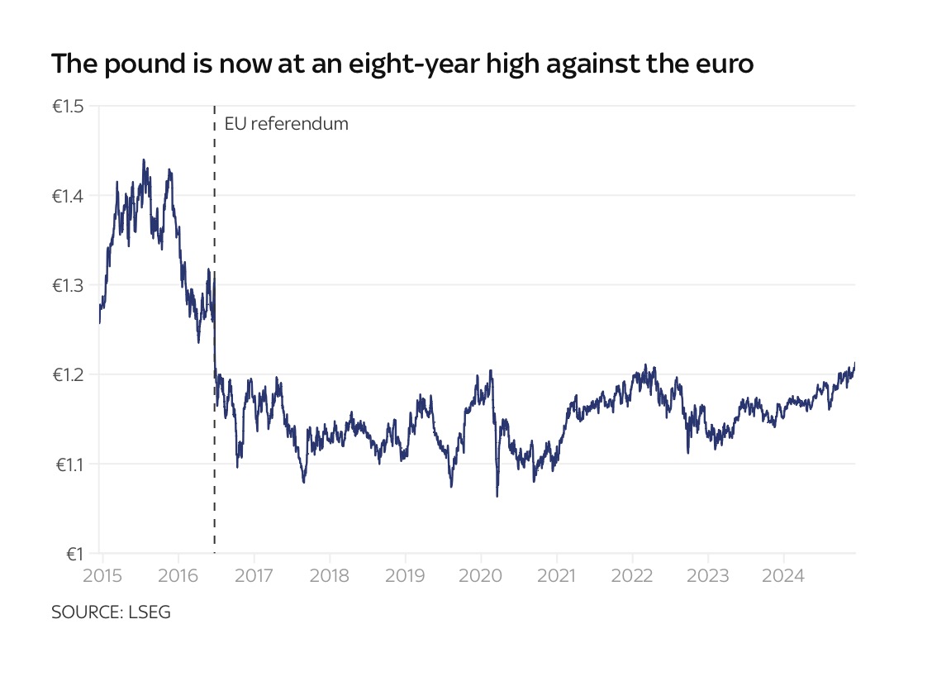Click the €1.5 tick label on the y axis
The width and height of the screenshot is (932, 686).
[x=69, y=107]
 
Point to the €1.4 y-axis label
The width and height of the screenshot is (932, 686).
[x=69, y=196]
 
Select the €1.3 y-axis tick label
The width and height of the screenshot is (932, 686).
[x=69, y=285]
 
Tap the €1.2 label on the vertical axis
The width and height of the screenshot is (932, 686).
[x=69, y=374]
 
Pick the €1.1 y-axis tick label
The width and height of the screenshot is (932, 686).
[x=70, y=464]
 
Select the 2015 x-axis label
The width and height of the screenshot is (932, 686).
[x=103, y=574]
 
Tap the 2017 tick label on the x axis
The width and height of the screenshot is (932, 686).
[x=254, y=574]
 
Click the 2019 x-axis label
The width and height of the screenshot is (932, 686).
[x=405, y=574]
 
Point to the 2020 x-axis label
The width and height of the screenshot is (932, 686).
[x=481, y=574]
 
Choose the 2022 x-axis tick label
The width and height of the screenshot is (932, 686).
[x=632, y=574]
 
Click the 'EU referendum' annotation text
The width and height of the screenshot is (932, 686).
[x=287, y=124]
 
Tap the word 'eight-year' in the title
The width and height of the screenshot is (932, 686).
[x=430, y=64]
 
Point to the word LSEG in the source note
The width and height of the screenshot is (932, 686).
[x=150, y=612]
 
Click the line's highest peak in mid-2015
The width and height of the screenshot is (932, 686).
[x=144, y=160]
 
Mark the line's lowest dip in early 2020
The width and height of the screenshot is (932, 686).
[x=497, y=496]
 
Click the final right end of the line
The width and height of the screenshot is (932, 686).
[x=854, y=363]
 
